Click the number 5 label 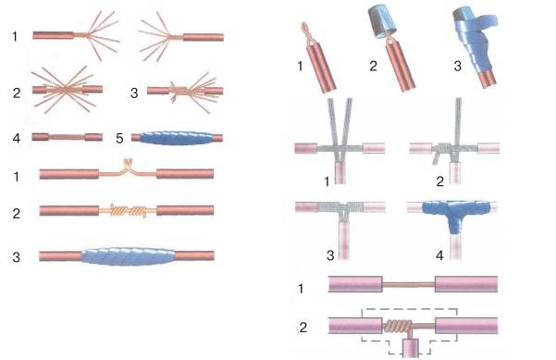[120, 138]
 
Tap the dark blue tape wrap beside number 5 [177, 138]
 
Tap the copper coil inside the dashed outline [398, 326]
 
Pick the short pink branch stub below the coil [410, 347]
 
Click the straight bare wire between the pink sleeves [409, 284]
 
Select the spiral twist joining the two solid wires [129, 211]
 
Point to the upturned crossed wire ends [127, 164]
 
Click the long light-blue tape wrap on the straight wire [129, 255]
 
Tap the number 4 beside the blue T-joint [439, 255]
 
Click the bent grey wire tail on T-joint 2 [436, 158]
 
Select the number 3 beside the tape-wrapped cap [457, 66]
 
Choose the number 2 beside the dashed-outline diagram [303, 327]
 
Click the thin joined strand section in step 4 [67, 137]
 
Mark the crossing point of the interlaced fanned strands [65, 90]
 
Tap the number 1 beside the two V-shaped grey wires [327, 181]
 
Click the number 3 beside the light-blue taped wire [16, 257]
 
